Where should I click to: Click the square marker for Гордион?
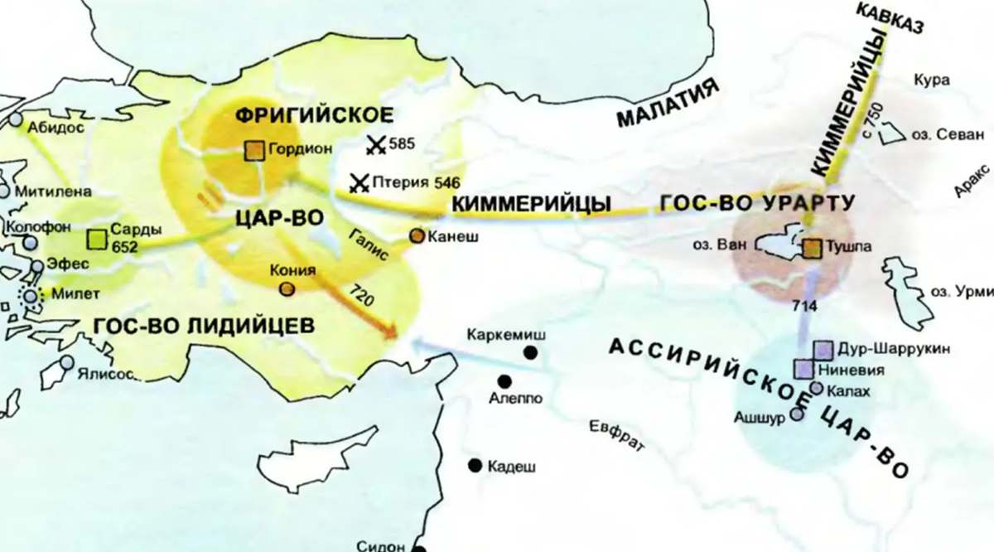point(255,150)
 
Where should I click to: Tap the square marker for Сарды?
point(97,240)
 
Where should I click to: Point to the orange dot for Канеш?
point(417,237)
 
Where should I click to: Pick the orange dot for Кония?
point(286,288)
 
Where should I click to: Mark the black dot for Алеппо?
point(503,381)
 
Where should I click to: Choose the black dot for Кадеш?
point(475,465)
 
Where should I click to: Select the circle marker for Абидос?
point(17,119)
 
